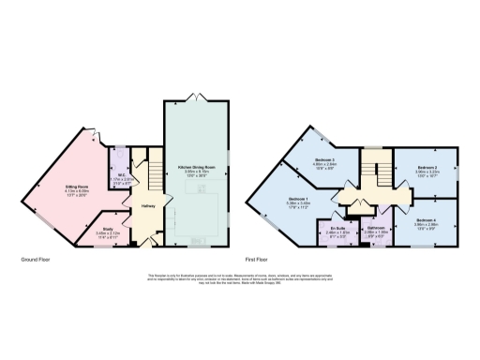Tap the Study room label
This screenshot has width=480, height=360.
[110, 225]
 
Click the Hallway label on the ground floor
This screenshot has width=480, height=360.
[147, 204]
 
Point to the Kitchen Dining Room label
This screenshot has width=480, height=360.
[197, 168]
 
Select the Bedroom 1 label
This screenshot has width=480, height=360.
[300, 199]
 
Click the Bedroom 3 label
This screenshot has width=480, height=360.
[326, 160]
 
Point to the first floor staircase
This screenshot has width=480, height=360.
[382, 176]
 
